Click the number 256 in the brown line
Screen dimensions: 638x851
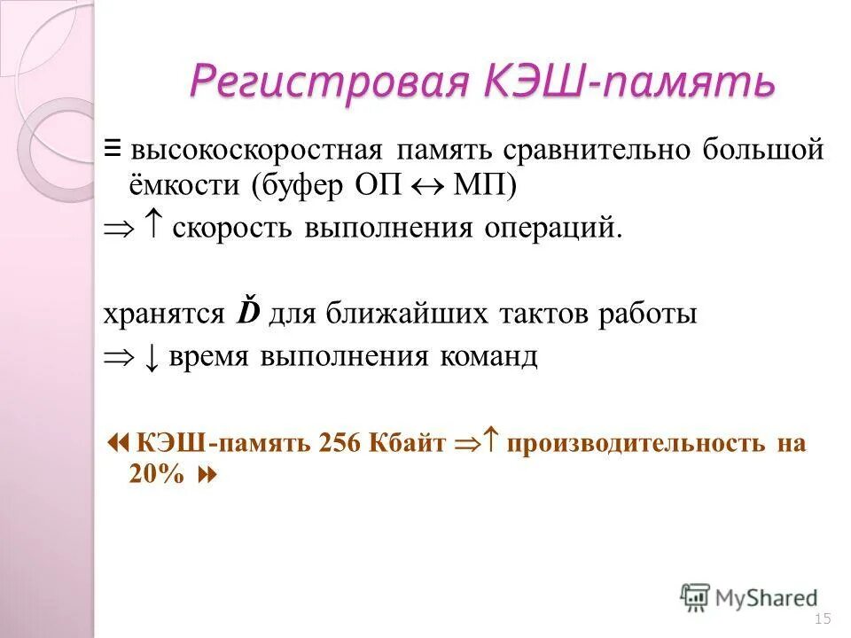pyautogui.click(x=337, y=443)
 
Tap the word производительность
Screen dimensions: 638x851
pyautogui.click(x=636, y=443)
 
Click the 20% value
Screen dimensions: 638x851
pyautogui.click(x=157, y=474)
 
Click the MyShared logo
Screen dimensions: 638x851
pyautogui.click(x=750, y=597)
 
